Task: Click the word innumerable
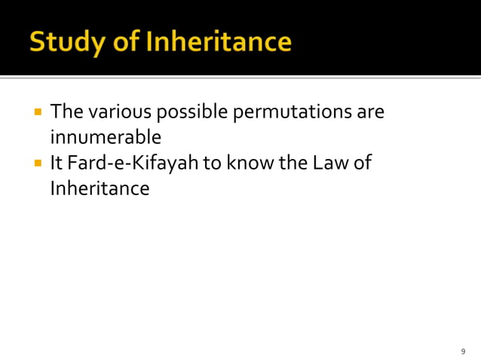point(105,138)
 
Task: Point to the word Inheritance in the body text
point(100,188)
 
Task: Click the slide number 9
point(463,352)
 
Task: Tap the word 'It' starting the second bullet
point(57,163)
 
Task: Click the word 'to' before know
point(213,163)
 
